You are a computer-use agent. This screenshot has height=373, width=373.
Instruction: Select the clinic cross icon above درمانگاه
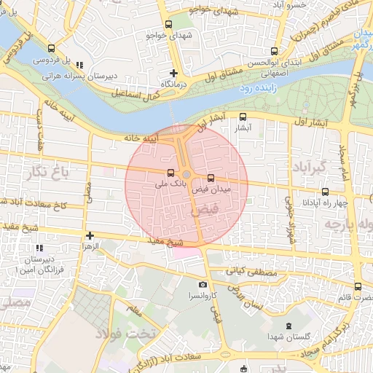point(173,73)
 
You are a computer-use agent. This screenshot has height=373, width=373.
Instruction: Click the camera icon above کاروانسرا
point(203,284)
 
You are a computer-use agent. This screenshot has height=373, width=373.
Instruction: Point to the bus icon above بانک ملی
point(170,174)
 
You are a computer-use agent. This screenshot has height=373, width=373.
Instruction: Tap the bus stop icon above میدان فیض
point(211,178)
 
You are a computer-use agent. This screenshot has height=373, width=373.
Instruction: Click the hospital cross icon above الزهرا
point(90,235)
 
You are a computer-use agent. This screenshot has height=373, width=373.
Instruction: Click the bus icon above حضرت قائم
point(358,286)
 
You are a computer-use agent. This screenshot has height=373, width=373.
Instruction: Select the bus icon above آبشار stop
point(243,116)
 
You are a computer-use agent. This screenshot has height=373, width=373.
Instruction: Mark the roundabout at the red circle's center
point(186,175)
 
